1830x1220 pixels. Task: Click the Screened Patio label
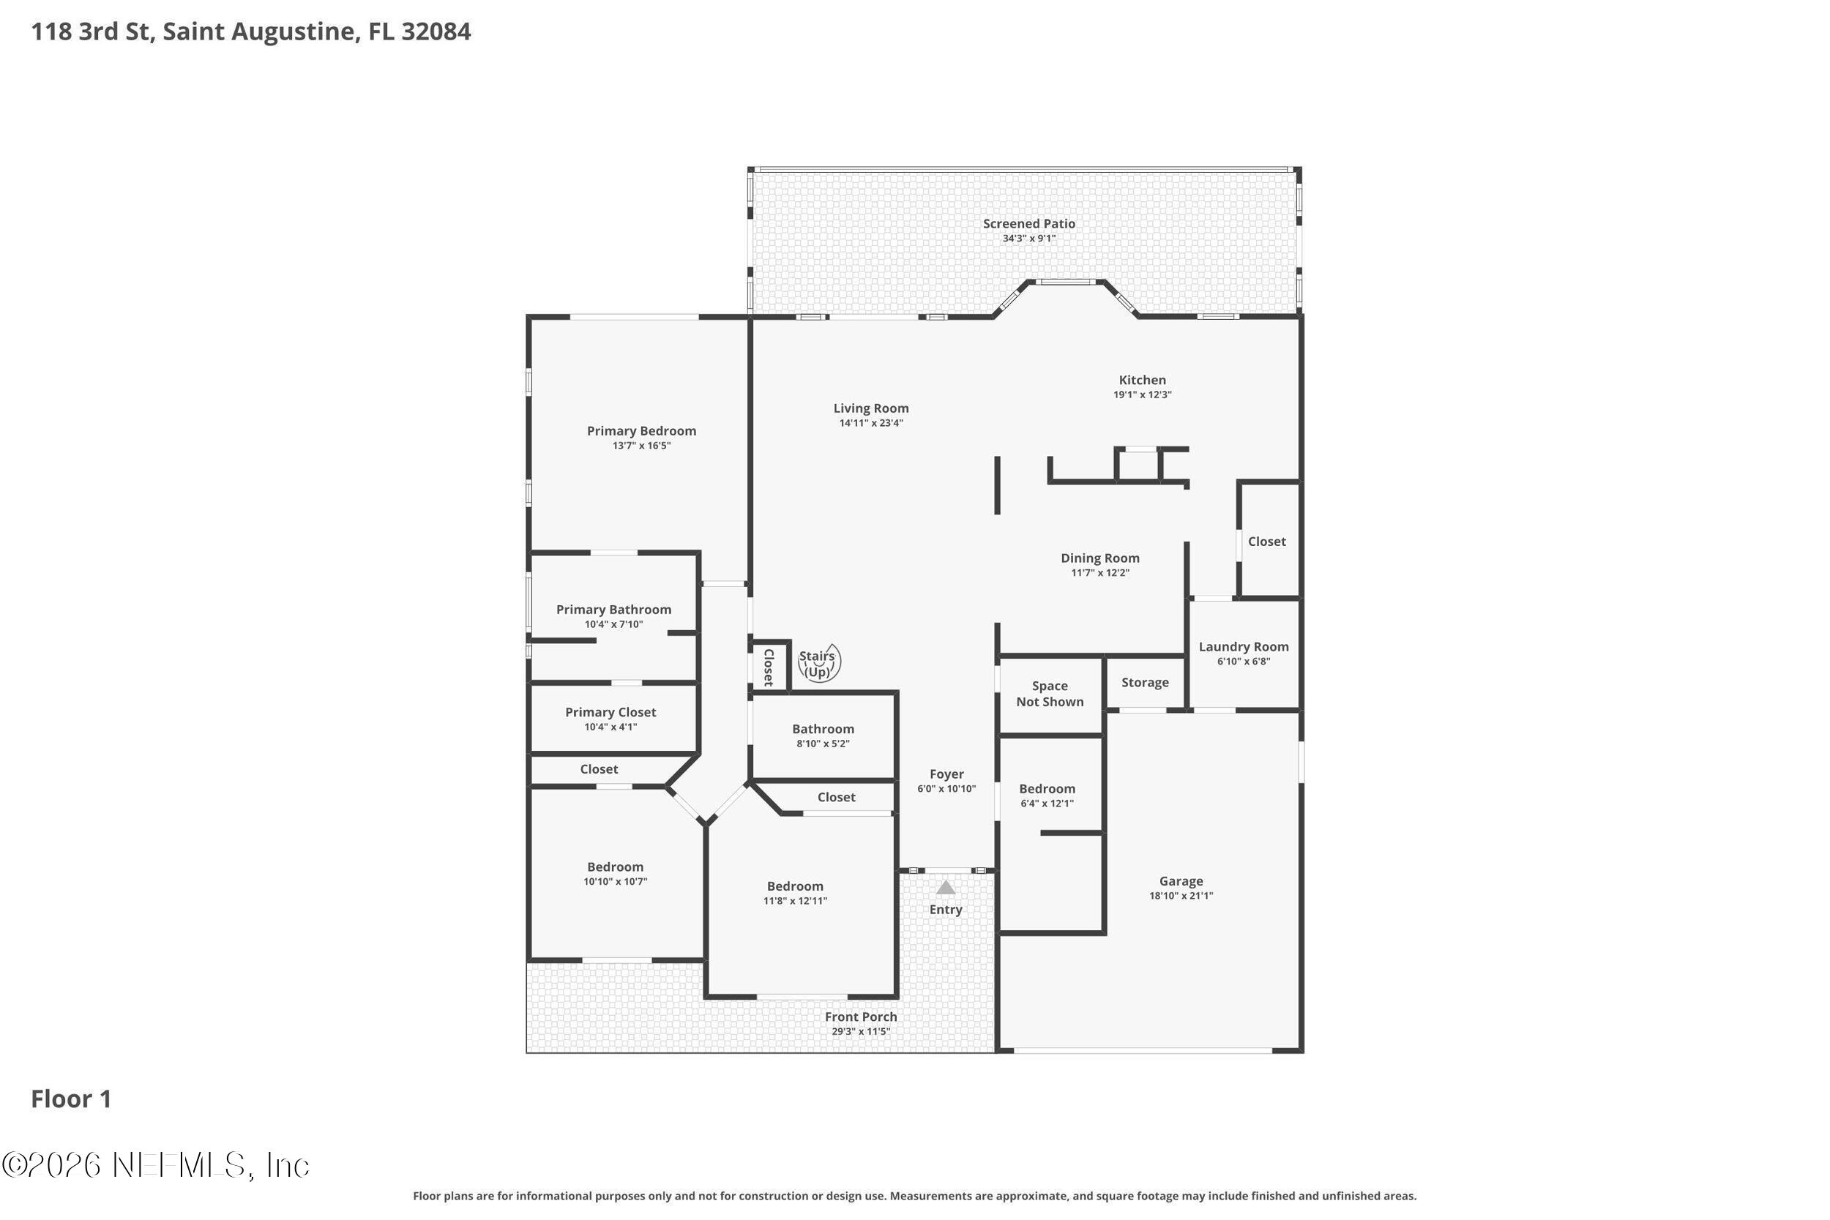point(1028,224)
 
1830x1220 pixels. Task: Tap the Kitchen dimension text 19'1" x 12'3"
point(1142,394)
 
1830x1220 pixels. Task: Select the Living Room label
point(870,408)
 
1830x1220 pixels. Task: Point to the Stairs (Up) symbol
point(819,664)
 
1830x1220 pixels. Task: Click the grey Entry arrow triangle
point(945,887)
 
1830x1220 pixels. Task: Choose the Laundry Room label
point(1244,646)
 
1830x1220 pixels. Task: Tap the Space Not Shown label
point(1050,694)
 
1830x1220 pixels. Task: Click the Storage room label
point(1145,683)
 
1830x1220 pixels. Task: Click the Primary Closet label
point(610,713)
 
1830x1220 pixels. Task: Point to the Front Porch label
point(861,1017)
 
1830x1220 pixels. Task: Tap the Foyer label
point(946,774)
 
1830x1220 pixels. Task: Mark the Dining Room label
point(1100,558)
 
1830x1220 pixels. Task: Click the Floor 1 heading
point(71,1099)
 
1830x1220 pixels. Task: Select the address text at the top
point(250,32)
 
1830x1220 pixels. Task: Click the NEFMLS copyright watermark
point(156,1166)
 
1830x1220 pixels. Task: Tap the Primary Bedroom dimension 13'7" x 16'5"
point(641,446)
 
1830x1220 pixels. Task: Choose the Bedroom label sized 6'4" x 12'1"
point(1047,789)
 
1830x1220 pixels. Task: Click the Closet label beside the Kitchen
point(1266,542)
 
